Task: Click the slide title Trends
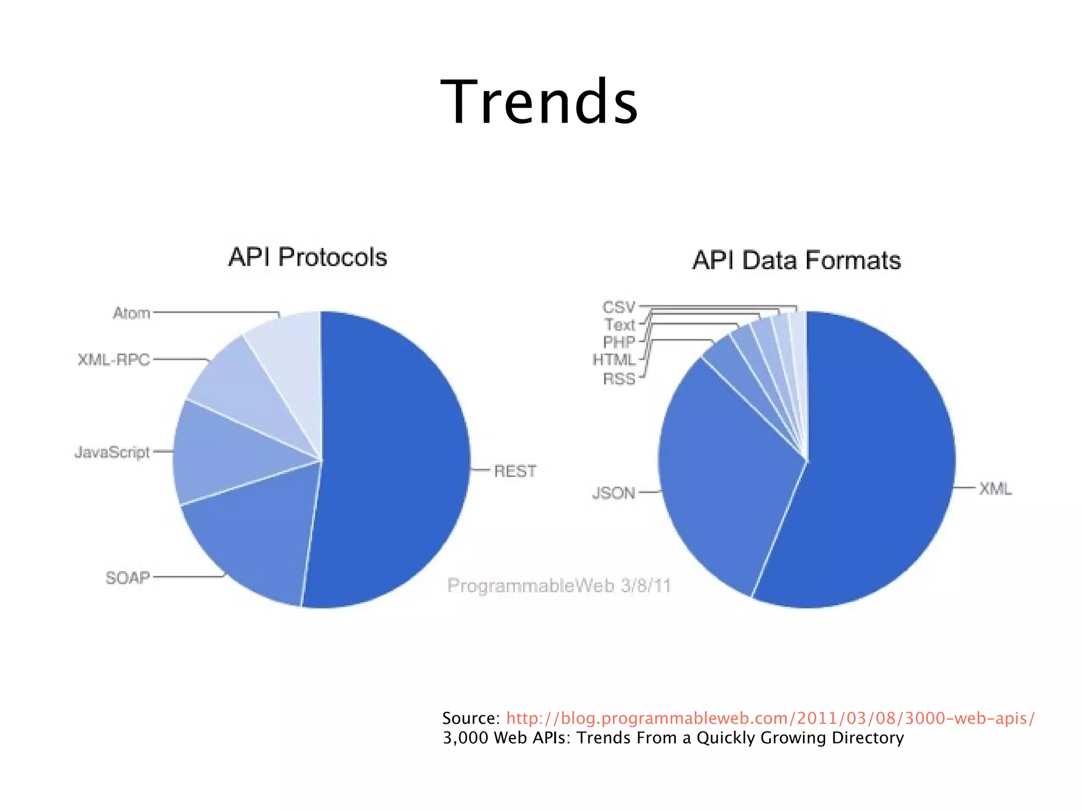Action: pos(539,101)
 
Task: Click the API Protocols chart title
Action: pos(307,257)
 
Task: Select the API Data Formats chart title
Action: pos(796,260)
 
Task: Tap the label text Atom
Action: pos(132,313)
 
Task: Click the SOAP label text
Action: pos(128,577)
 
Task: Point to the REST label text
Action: pos(515,471)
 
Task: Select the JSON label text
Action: pos(613,493)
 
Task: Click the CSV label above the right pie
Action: pos(619,307)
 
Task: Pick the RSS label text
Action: pos(619,379)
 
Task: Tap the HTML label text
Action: pos(614,360)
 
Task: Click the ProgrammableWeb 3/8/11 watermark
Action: pos(559,585)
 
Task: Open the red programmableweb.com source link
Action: pos(770,718)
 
